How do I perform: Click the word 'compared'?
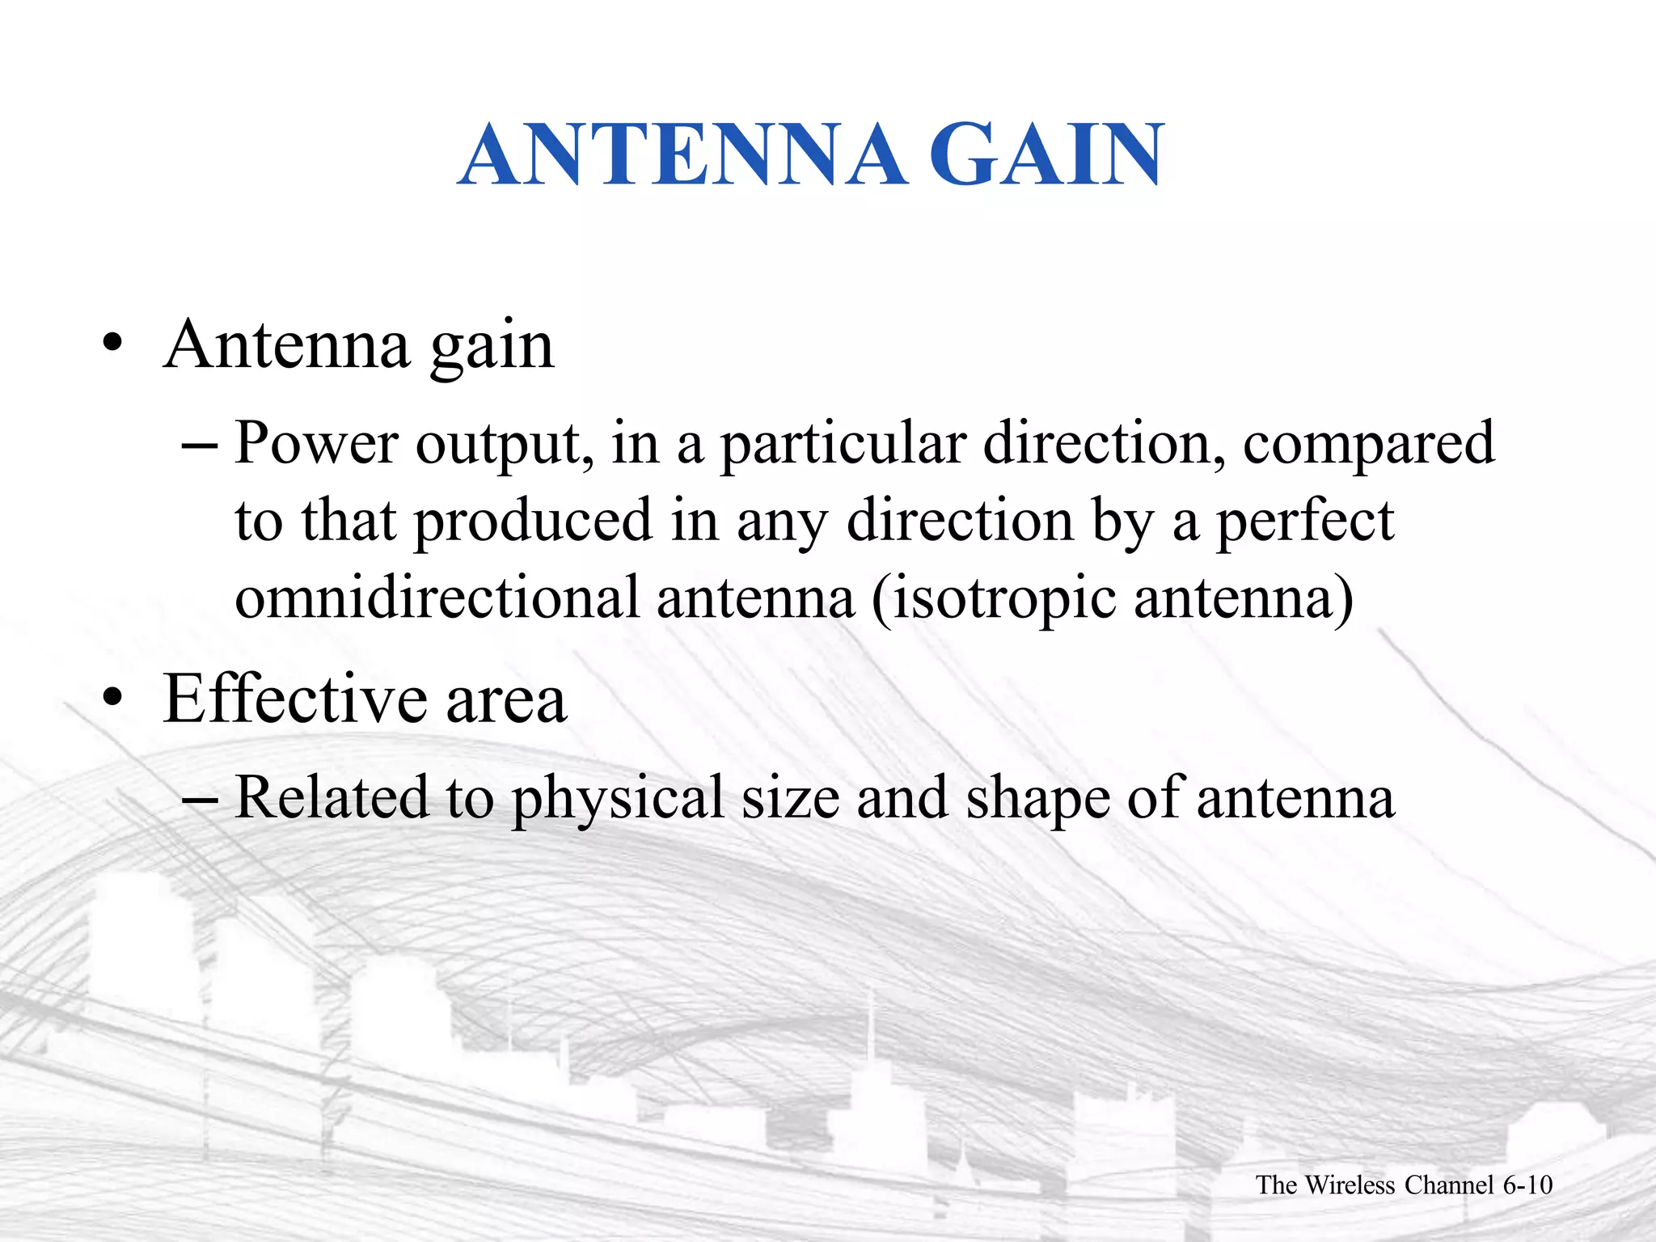1368,445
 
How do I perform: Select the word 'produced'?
533,522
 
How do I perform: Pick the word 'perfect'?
1305,522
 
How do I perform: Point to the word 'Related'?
331,797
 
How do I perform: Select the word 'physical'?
619,799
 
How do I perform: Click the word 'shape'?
1037,799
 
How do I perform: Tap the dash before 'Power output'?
200,446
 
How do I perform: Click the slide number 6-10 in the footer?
1527,1185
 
